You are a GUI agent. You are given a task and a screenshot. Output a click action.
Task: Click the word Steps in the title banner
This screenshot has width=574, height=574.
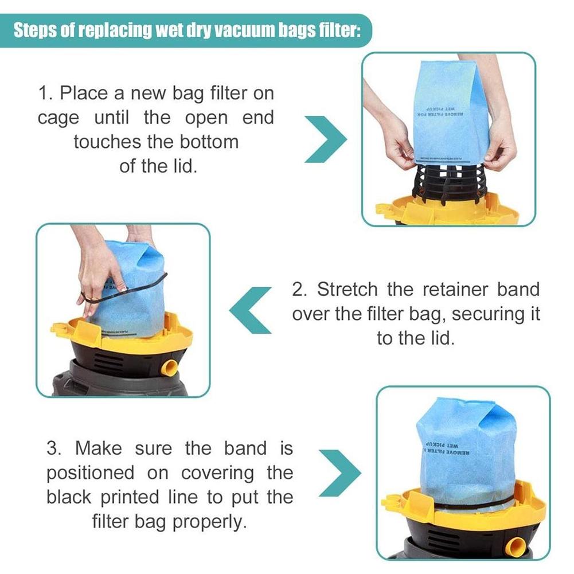tap(36, 30)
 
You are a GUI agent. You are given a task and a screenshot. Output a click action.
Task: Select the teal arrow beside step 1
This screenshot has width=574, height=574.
tap(325, 139)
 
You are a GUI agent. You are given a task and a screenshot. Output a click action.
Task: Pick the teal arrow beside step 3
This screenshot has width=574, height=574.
tap(339, 474)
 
